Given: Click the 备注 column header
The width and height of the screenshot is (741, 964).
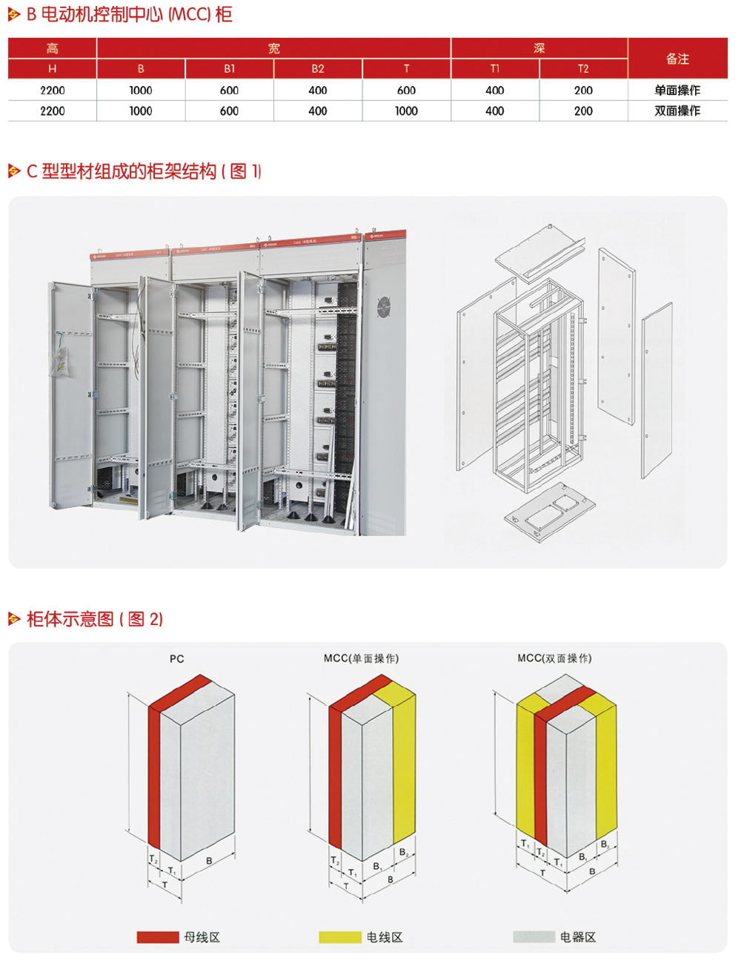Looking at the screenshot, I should tap(677, 59).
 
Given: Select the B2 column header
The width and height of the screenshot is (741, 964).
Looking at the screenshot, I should tap(318, 69).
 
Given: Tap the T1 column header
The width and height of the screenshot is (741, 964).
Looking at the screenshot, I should tap(495, 69).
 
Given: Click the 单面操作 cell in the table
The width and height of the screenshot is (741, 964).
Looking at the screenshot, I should tap(677, 90).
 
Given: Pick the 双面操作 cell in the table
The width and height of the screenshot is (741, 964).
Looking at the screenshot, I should tap(677, 111).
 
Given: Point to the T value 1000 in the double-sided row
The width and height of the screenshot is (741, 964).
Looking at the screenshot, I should tap(406, 111).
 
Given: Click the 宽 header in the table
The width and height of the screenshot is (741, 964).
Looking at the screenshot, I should tap(273, 48).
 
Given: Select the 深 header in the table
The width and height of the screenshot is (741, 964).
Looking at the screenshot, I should tap(539, 48).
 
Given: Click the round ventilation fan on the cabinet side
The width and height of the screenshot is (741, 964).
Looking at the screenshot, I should tap(384, 306).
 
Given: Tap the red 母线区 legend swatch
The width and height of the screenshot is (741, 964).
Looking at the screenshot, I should tap(158, 937).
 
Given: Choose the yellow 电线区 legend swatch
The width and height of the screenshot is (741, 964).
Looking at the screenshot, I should tap(340, 937).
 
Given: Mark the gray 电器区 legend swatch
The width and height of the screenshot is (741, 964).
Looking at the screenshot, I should tap(534, 937).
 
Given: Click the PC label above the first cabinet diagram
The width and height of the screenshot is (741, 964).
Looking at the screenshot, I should tap(176, 658).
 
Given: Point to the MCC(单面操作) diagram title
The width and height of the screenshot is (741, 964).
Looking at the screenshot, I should tap(361, 658).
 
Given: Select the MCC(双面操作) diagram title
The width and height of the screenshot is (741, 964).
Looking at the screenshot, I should tap(554, 658).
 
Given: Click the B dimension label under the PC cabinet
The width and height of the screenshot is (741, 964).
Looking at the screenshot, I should tap(210, 861).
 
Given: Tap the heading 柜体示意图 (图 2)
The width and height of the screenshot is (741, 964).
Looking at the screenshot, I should tap(94, 619).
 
